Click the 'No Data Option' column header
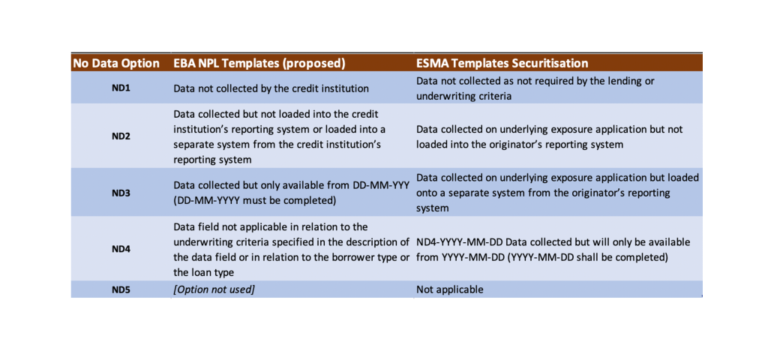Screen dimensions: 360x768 point(116,63)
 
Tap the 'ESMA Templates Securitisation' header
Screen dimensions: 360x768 point(502,63)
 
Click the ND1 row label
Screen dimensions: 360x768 point(121,88)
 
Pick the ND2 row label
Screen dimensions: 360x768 point(121,136)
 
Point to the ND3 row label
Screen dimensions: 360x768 point(121,193)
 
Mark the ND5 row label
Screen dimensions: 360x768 point(121,289)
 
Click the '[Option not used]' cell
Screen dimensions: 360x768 point(214,289)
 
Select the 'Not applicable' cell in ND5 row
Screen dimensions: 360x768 point(450,289)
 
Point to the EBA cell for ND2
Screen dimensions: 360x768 point(280,136)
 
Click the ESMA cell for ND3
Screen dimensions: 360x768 point(556,193)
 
